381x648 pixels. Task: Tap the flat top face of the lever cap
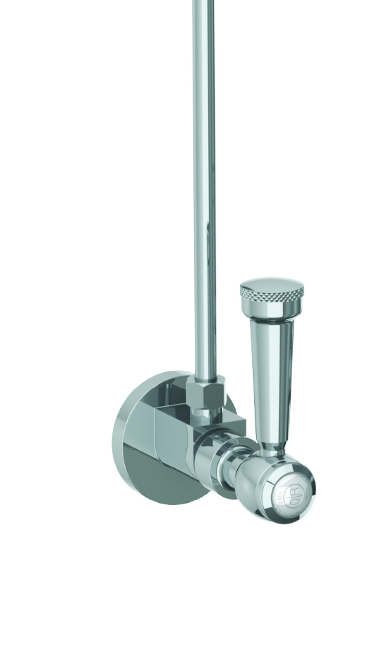[272, 283]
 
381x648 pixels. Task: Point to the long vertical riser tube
[205, 189]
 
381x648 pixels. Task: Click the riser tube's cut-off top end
[204, 2]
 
